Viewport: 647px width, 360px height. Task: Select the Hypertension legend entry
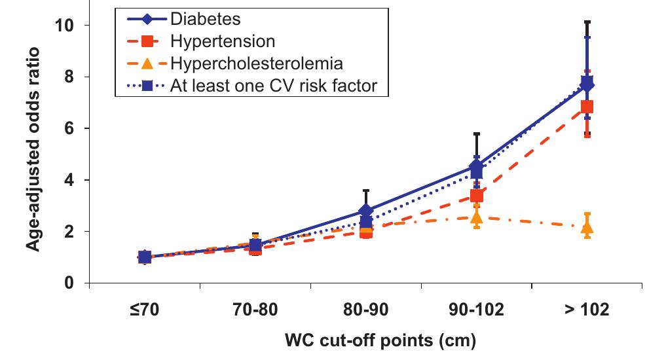click(x=222, y=41)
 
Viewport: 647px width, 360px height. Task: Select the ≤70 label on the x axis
click(x=144, y=310)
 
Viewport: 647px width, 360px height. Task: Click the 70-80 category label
click(x=255, y=310)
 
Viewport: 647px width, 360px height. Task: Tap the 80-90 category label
click(x=365, y=310)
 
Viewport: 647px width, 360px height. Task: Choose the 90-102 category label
click(x=476, y=310)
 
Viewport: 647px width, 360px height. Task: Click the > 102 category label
click(x=587, y=310)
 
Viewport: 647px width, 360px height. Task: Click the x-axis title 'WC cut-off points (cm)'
click(x=380, y=341)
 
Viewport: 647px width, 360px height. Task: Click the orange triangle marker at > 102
click(x=587, y=228)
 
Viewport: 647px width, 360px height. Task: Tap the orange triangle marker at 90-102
click(x=476, y=217)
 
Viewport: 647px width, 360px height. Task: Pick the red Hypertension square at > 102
click(x=587, y=107)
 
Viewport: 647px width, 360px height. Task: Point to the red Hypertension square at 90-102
click(x=477, y=196)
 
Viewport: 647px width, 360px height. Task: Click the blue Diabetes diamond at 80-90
click(x=366, y=211)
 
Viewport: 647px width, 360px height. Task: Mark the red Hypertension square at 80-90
click(x=366, y=231)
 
